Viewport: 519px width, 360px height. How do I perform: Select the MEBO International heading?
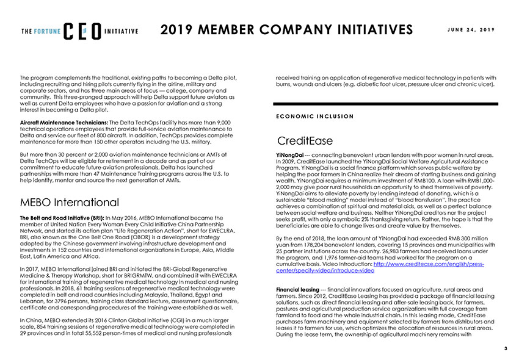[x=70, y=201]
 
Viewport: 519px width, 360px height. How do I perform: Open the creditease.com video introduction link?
[x=379, y=266]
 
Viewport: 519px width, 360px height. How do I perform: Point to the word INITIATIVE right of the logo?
[x=121, y=32]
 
